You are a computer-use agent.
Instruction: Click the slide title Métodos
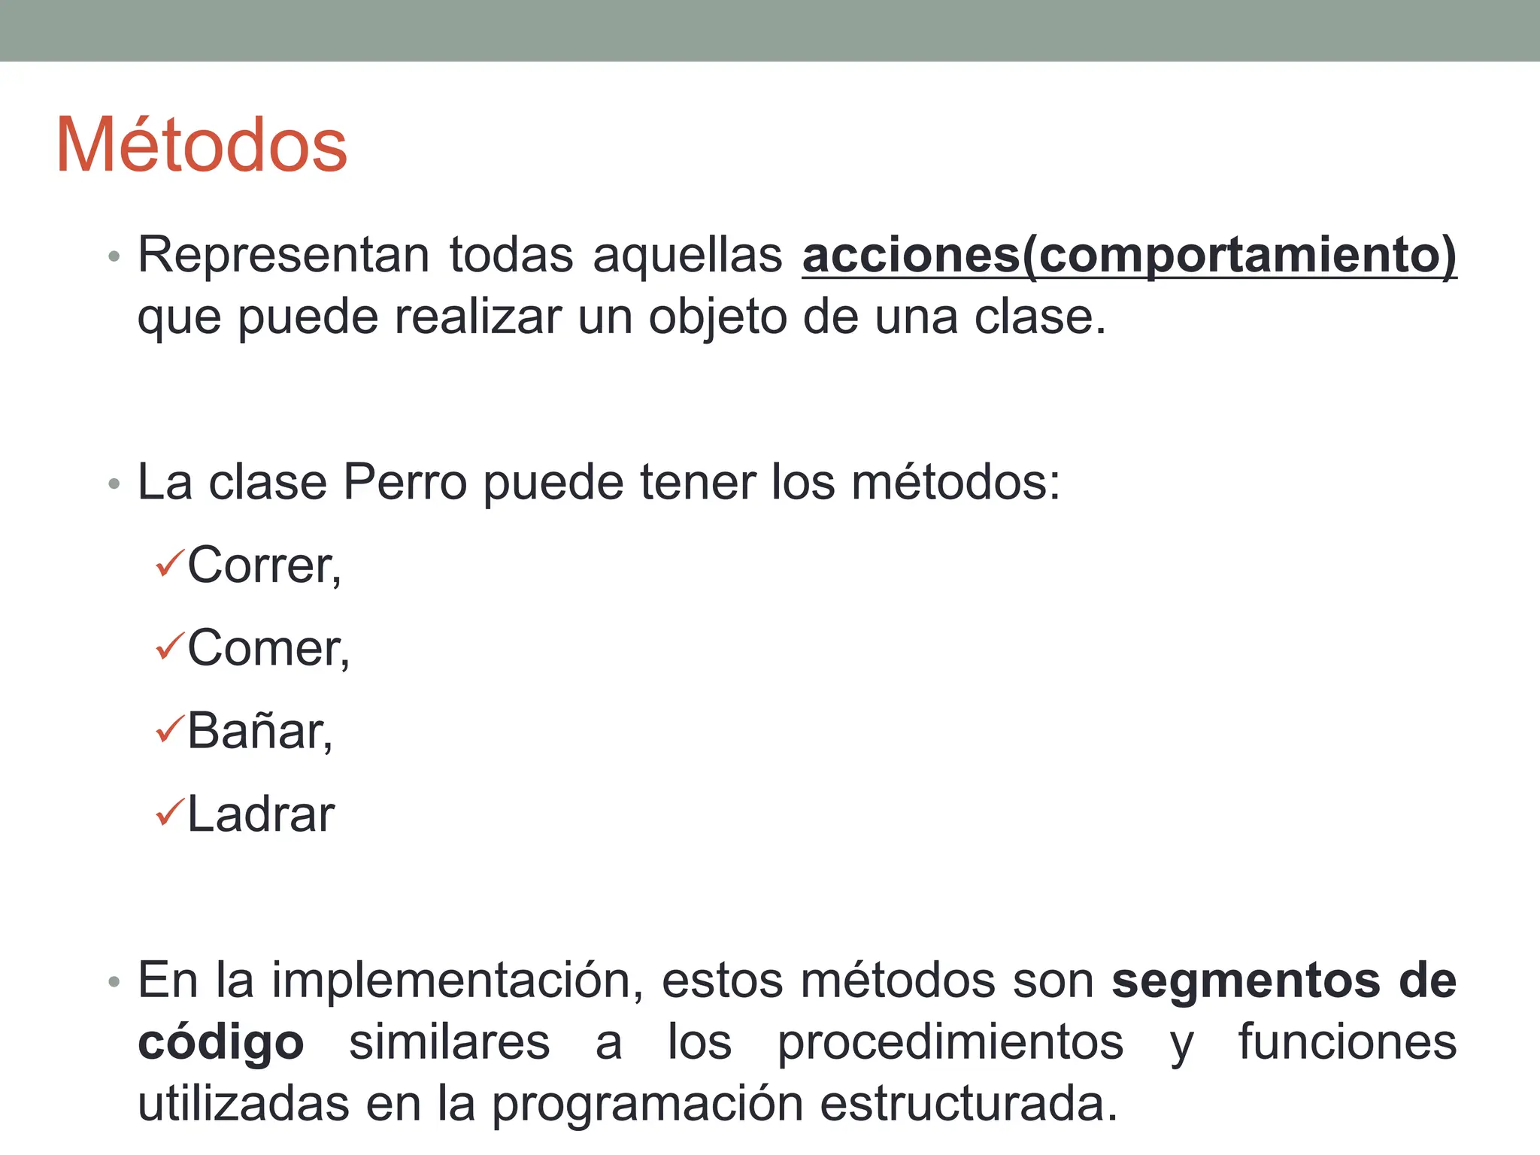pyautogui.click(x=202, y=145)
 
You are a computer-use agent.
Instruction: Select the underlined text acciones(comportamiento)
pyautogui.click(x=1129, y=256)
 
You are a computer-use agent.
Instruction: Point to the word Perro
pyautogui.click(x=405, y=482)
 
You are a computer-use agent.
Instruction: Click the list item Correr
pyautogui.click(x=264, y=565)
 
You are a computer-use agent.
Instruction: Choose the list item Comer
pyautogui.click(x=268, y=648)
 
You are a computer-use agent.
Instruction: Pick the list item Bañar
pyautogui.click(x=259, y=731)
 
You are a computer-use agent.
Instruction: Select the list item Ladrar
pyautogui.click(x=260, y=814)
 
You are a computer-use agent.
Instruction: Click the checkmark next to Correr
pyautogui.click(x=169, y=563)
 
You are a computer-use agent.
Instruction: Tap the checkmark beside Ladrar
pyautogui.click(x=169, y=812)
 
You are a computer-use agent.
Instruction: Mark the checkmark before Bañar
pyautogui.click(x=169, y=729)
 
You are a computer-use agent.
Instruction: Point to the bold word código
pyautogui.click(x=221, y=1044)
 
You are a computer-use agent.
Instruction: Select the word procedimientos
pyautogui.click(x=950, y=1044)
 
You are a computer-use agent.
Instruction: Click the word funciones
pyautogui.click(x=1347, y=1042)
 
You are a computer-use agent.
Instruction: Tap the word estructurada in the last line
pyautogui.click(x=969, y=1104)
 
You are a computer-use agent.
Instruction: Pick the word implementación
pyautogui.click(x=457, y=981)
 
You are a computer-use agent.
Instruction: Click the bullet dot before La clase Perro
pyautogui.click(x=114, y=484)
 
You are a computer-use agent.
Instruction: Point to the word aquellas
pyautogui.click(x=687, y=256)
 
